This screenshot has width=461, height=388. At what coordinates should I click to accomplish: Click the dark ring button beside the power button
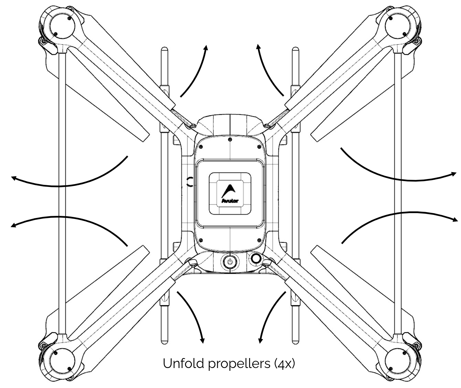pyautogui.click(x=256, y=259)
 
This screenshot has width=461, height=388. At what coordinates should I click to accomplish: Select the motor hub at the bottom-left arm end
pyautogui.click(x=61, y=360)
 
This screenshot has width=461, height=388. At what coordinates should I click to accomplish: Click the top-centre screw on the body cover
pyautogui.click(x=230, y=139)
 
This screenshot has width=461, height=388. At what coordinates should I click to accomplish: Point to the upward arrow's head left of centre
pyautogui.click(x=206, y=48)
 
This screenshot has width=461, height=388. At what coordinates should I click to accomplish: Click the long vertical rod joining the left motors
pyautogui.click(x=62, y=193)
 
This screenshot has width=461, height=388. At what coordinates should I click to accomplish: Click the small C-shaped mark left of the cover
pyautogui.click(x=189, y=181)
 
